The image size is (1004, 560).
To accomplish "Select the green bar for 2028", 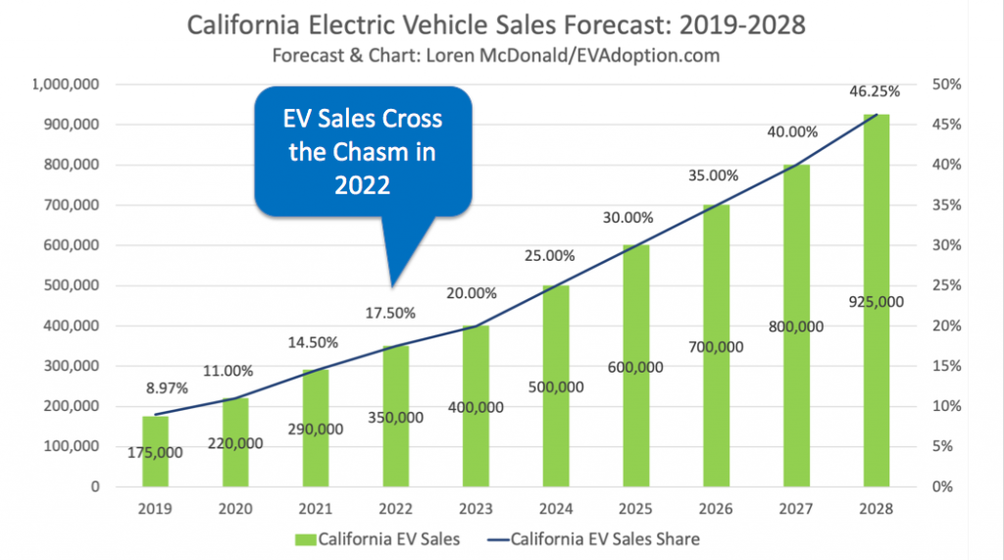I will pyautogui.click(x=877, y=392).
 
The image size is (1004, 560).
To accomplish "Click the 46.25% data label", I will pyautogui.click(x=874, y=91).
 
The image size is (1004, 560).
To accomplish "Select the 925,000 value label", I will pyautogui.click(x=878, y=302).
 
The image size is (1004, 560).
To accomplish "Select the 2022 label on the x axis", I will pyautogui.click(x=396, y=509).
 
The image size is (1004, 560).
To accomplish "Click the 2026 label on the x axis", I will pyautogui.click(x=717, y=509).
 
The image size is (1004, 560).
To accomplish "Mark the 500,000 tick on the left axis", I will pyautogui.click(x=70, y=285).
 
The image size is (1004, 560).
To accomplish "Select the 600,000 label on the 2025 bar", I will pyautogui.click(x=635, y=367).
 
